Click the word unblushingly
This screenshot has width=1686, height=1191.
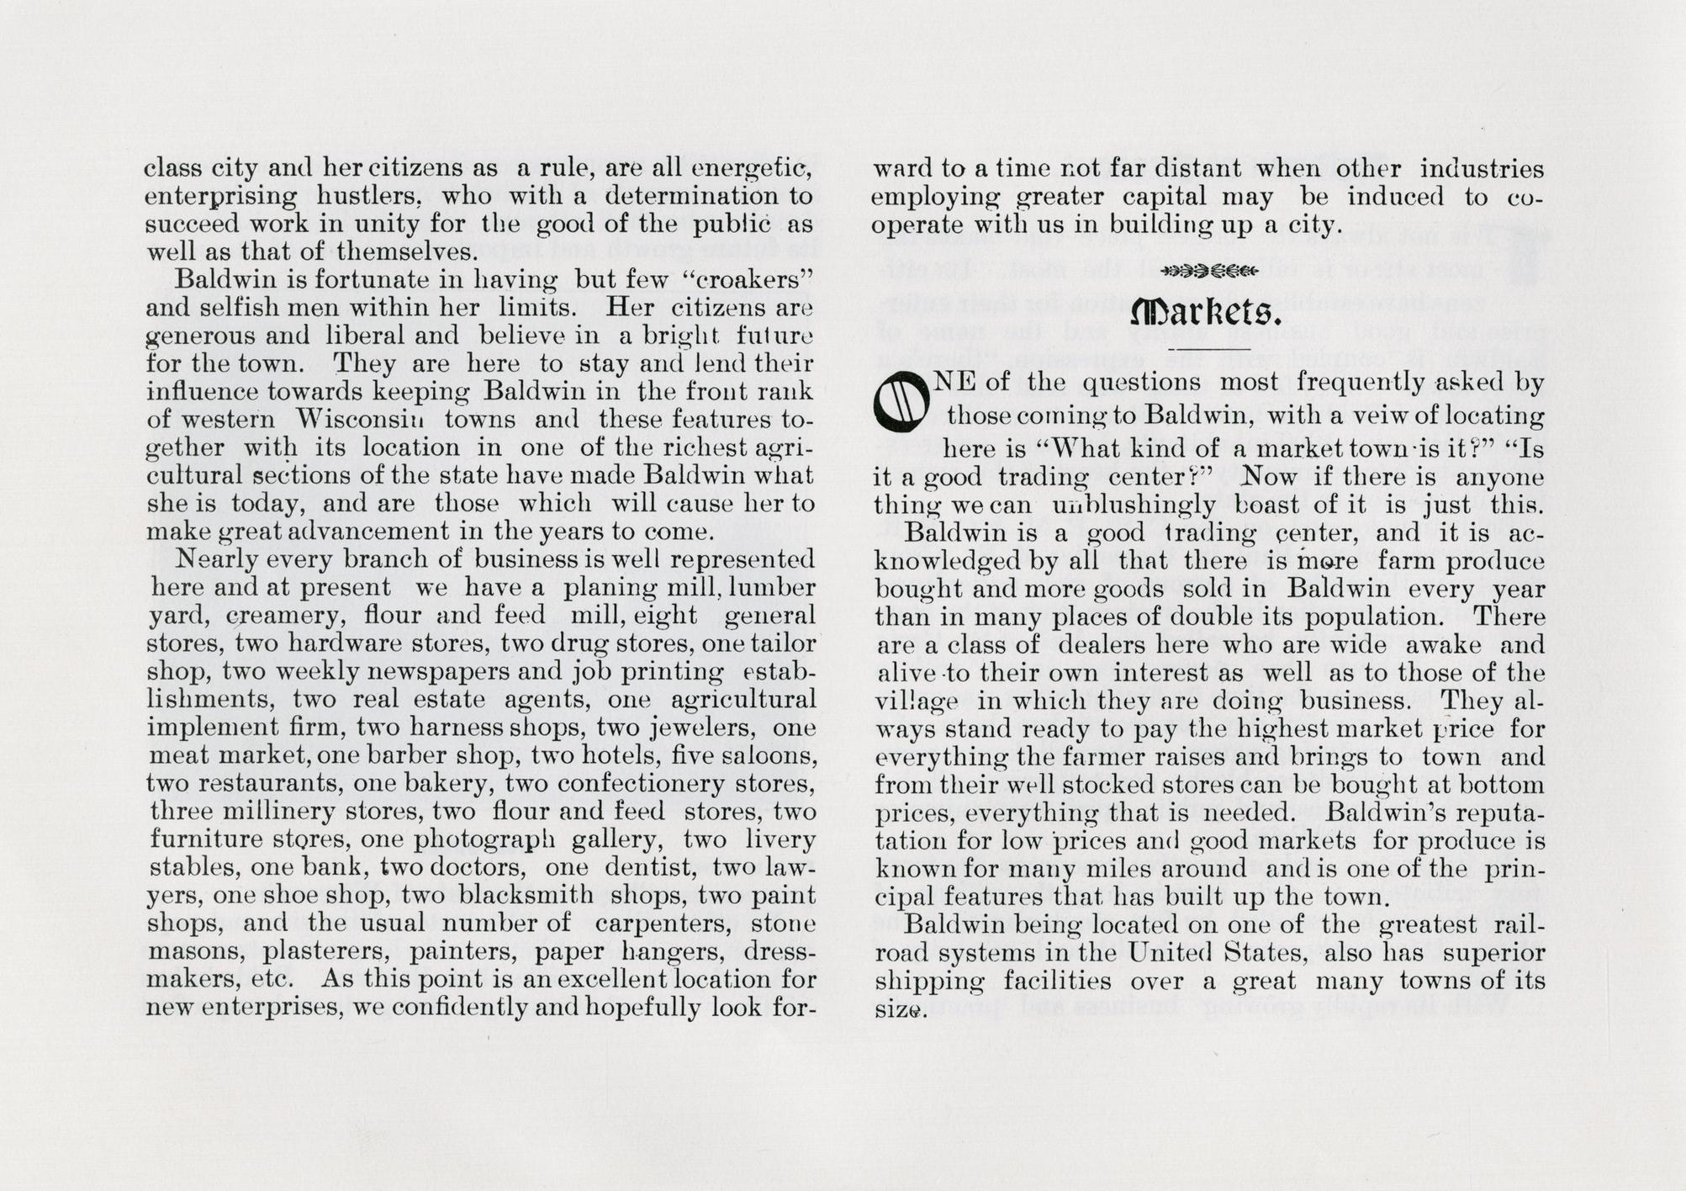coord(1134,506)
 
